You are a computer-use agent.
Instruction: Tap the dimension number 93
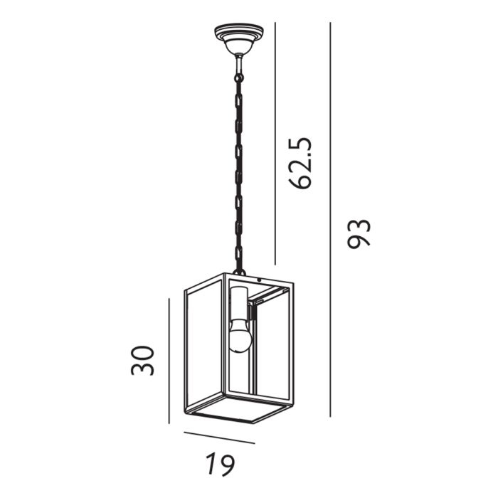click(x=360, y=233)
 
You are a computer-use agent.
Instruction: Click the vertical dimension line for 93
click(x=331, y=213)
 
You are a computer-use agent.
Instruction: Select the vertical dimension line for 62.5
click(x=275, y=142)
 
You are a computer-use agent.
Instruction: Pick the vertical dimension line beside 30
click(x=169, y=359)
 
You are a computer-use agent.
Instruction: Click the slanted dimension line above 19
click(x=218, y=438)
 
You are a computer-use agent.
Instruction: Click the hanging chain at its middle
click(x=238, y=164)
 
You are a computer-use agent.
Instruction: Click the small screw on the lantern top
click(x=261, y=280)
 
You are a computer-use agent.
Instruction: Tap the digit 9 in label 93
click(x=360, y=242)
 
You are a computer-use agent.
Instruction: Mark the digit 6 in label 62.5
click(x=301, y=181)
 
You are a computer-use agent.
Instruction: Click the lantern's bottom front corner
click(x=254, y=423)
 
